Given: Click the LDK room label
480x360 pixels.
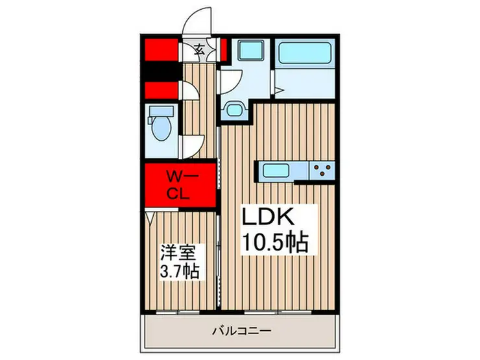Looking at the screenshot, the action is [268, 217].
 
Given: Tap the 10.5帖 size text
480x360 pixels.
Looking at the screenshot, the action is [275, 242].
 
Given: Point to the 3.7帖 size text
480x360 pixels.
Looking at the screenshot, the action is [180, 271].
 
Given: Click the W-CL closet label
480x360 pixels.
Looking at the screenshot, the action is [180, 186].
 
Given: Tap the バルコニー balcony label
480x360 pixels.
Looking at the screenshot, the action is [242, 331].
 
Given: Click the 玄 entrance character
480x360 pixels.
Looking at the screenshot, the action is [200, 49].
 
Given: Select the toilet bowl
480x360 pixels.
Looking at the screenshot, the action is [162, 128].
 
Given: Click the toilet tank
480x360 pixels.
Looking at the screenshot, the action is [161, 111].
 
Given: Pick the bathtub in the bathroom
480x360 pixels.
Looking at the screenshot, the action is [305, 51].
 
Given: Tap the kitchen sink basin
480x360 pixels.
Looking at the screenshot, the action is [276, 171].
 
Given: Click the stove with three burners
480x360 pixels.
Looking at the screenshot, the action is [322, 171].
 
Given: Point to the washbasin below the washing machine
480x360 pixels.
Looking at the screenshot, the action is [235, 109].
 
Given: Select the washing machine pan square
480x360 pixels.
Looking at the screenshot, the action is [251, 50].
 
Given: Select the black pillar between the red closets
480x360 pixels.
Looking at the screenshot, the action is [162, 73].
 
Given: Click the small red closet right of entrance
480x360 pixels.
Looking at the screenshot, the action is [224, 49].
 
